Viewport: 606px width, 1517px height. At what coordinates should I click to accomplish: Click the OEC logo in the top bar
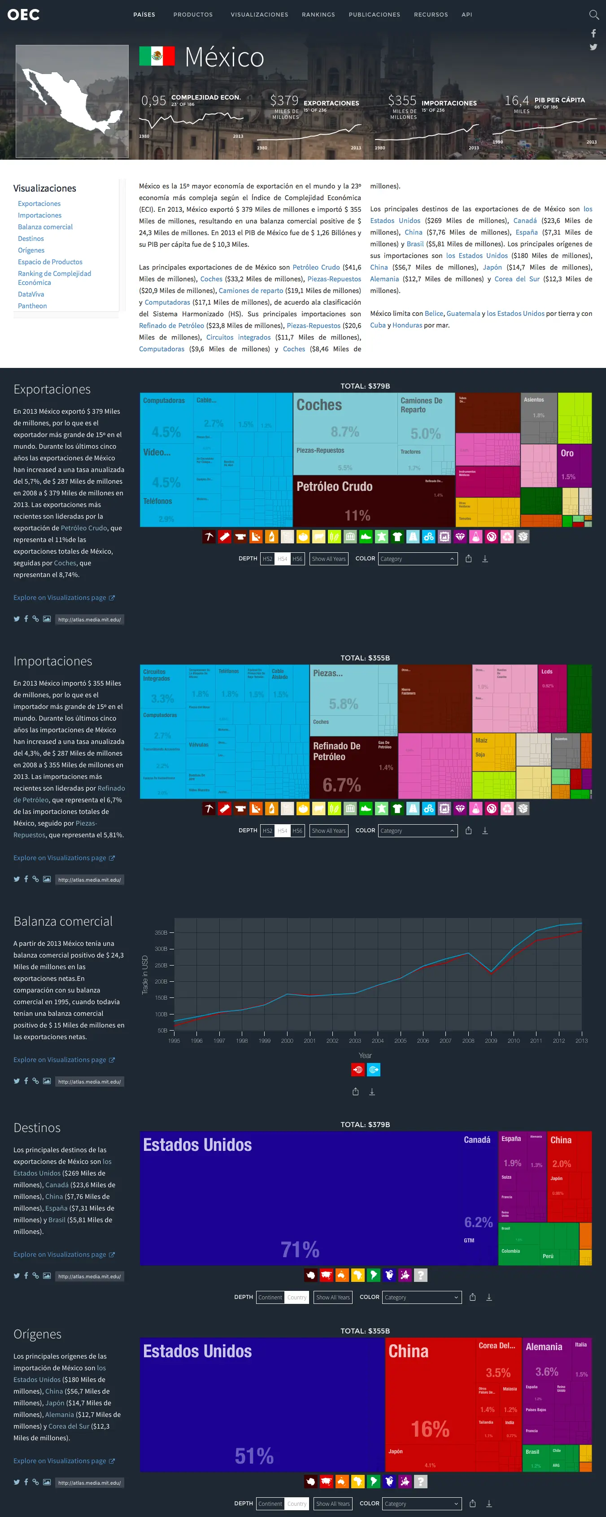click(24, 15)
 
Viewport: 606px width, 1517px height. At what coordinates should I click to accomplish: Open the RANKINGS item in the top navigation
click(318, 15)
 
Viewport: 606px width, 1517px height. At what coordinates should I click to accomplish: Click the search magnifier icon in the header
click(593, 15)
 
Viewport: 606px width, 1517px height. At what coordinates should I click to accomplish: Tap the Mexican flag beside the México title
click(157, 56)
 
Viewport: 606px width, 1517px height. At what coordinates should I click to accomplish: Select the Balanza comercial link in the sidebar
click(45, 227)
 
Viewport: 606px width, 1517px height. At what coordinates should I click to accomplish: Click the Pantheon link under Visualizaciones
click(32, 306)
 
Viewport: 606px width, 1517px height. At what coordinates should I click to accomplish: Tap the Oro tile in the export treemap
click(574, 465)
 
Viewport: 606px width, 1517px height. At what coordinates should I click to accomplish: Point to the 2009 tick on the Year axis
click(491, 1040)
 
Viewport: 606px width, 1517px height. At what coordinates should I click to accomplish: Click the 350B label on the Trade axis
click(161, 933)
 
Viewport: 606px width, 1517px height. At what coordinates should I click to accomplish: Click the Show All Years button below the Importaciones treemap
click(329, 831)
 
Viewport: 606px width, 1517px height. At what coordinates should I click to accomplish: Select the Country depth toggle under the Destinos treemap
click(297, 1297)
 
